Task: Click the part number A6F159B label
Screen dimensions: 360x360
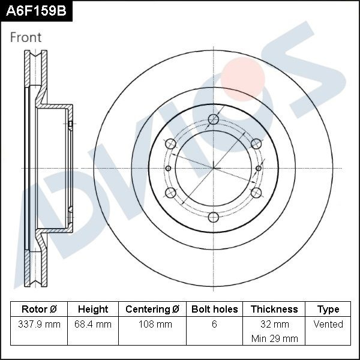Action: pos(36,11)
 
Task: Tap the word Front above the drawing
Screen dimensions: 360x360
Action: pos(26,37)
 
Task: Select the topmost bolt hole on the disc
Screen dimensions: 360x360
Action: pos(213,119)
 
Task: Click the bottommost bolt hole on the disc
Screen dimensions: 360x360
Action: pos(213,217)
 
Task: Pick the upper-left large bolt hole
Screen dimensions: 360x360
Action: pos(170,143)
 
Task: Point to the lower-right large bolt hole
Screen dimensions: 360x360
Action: pos(256,193)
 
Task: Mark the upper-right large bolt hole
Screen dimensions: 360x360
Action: pos(256,143)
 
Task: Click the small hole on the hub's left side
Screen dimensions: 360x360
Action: pos(168,168)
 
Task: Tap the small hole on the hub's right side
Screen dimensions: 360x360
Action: pos(259,168)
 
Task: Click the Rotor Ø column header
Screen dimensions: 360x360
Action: pos(39,310)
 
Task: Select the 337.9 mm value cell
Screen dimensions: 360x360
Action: pos(39,325)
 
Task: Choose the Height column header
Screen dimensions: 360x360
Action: pos(93,310)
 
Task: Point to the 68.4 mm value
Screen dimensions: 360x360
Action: pos(93,325)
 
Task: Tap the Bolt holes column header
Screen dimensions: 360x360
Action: pos(214,310)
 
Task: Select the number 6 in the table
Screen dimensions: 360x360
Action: pos(214,325)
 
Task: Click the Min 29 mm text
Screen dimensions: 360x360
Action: pos(274,339)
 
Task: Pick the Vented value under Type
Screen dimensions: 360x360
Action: pos(328,325)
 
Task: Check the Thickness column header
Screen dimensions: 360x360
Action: pos(274,310)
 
